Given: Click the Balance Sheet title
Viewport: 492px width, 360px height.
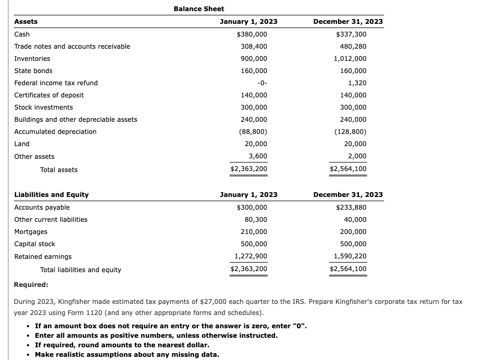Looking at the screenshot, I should (x=198, y=9).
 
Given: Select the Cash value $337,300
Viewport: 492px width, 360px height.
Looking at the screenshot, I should (x=351, y=34).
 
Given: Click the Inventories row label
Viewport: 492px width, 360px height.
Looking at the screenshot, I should (x=32, y=59).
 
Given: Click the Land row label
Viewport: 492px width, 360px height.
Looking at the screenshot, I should (x=22, y=144).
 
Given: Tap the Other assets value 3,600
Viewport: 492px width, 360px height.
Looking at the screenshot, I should (x=258, y=156).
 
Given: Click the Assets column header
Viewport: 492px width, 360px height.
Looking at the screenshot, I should (x=26, y=22).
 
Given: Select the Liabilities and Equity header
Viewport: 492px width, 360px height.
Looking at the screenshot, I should (x=51, y=195).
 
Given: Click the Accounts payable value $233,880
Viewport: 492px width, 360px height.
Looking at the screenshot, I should (x=351, y=208).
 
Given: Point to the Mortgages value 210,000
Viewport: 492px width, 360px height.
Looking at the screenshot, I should (x=254, y=232).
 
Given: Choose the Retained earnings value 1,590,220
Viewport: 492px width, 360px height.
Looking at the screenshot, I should (x=350, y=256).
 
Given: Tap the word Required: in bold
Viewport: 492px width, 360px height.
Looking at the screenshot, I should (x=31, y=285).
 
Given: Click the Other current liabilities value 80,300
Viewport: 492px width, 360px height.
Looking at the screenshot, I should (x=256, y=220).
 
